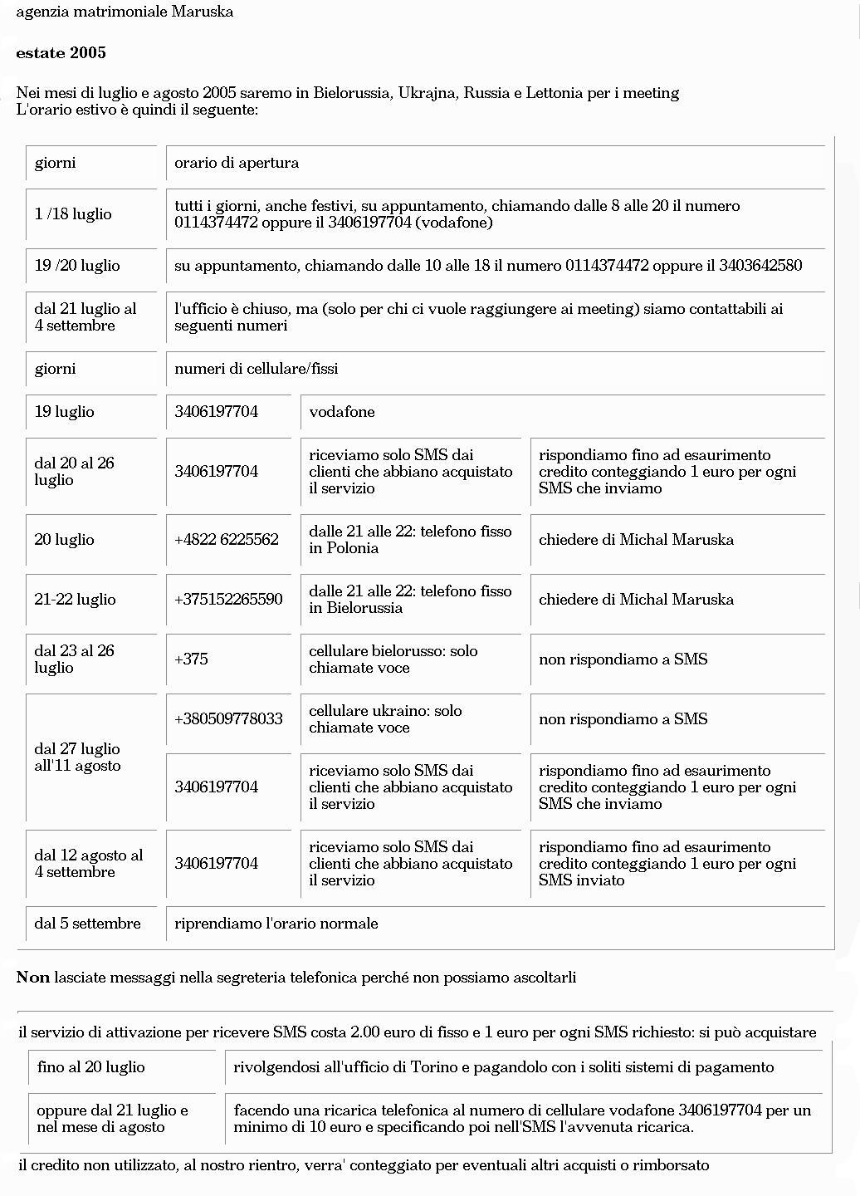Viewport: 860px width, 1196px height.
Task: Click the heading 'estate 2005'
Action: [x=61, y=53]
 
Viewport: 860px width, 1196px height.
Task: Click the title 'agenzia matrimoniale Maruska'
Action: [x=125, y=12]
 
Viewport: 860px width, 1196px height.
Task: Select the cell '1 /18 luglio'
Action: [x=73, y=214]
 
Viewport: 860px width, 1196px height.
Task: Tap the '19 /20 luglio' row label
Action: [x=77, y=266]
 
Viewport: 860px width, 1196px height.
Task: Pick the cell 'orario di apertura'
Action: [x=237, y=163]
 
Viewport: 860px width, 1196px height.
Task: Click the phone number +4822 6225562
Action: [x=227, y=540]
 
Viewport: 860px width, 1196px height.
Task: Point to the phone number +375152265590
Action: [x=228, y=600]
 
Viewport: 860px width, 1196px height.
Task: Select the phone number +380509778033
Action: [x=228, y=719]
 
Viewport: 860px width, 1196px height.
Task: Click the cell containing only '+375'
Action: [x=191, y=659]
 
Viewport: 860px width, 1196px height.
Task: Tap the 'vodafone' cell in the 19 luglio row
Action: [x=342, y=412]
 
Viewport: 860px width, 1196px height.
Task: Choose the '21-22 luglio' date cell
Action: [x=75, y=600]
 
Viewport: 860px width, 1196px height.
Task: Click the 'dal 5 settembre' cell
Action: [x=87, y=924]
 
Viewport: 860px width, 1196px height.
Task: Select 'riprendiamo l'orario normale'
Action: [x=276, y=924]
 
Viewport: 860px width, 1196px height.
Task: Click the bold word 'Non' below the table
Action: [x=33, y=978]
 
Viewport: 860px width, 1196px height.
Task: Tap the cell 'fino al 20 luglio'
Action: [x=91, y=1067]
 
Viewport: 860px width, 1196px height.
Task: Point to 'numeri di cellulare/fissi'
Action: [x=257, y=369]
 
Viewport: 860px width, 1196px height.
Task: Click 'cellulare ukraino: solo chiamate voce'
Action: [x=385, y=719]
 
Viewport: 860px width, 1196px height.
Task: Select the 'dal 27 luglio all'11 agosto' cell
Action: [x=77, y=757]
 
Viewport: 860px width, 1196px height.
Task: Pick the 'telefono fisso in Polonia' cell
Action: [x=410, y=540]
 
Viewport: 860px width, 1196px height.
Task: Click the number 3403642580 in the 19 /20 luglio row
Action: [x=760, y=266]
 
